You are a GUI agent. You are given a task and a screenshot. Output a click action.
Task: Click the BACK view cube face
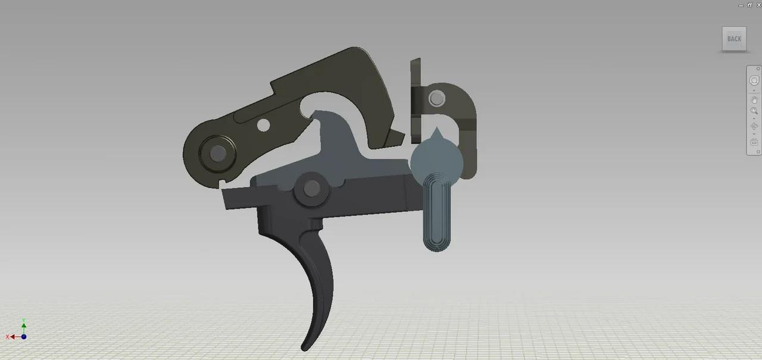[734, 39]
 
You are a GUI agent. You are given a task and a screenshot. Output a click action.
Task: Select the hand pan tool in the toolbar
[754, 99]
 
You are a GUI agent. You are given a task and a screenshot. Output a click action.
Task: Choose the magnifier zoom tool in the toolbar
[754, 111]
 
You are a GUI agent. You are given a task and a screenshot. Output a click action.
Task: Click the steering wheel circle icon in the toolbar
[754, 81]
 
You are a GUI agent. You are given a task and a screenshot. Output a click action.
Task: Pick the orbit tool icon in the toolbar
[754, 126]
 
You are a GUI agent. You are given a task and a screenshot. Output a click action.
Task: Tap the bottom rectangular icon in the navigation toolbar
[754, 142]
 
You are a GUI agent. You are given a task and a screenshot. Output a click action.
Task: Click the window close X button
[758, 4]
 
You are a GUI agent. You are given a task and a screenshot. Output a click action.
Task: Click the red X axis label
[8, 337]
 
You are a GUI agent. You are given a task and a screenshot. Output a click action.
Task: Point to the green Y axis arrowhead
[24, 326]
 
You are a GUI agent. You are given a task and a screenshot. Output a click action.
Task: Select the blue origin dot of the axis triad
[24, 337]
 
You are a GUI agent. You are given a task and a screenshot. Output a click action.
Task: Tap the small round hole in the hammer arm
[262, 125]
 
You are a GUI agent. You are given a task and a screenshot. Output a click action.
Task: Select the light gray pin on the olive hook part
[436, 98]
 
